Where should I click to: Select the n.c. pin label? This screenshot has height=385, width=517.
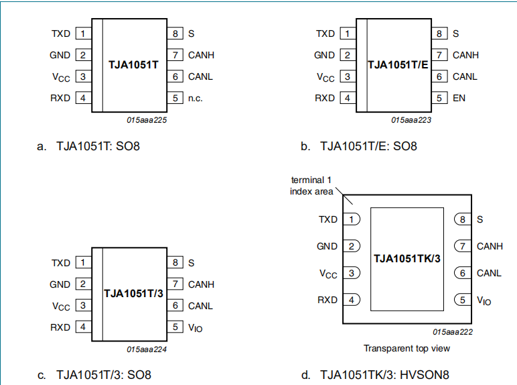point(195,98)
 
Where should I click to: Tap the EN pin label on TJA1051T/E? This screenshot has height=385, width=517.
point(459,98)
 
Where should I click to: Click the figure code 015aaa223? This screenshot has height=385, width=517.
point(411,120)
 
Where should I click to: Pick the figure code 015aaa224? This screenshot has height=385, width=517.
point(146,349)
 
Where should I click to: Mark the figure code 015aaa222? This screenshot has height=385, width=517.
point(453,332)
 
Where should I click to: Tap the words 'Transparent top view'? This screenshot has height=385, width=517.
point(407,348)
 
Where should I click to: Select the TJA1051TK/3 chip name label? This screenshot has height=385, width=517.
point(407,258)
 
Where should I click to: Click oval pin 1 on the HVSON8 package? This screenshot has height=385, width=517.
point(351,219)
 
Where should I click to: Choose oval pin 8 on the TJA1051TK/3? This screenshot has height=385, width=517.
point(463,219)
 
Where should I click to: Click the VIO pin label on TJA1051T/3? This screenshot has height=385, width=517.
point(195,327)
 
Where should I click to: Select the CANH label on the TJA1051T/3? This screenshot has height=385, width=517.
point(201,284)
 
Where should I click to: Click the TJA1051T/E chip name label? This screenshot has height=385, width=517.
point(397,64)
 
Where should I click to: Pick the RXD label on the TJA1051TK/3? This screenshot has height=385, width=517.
point(327,300)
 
